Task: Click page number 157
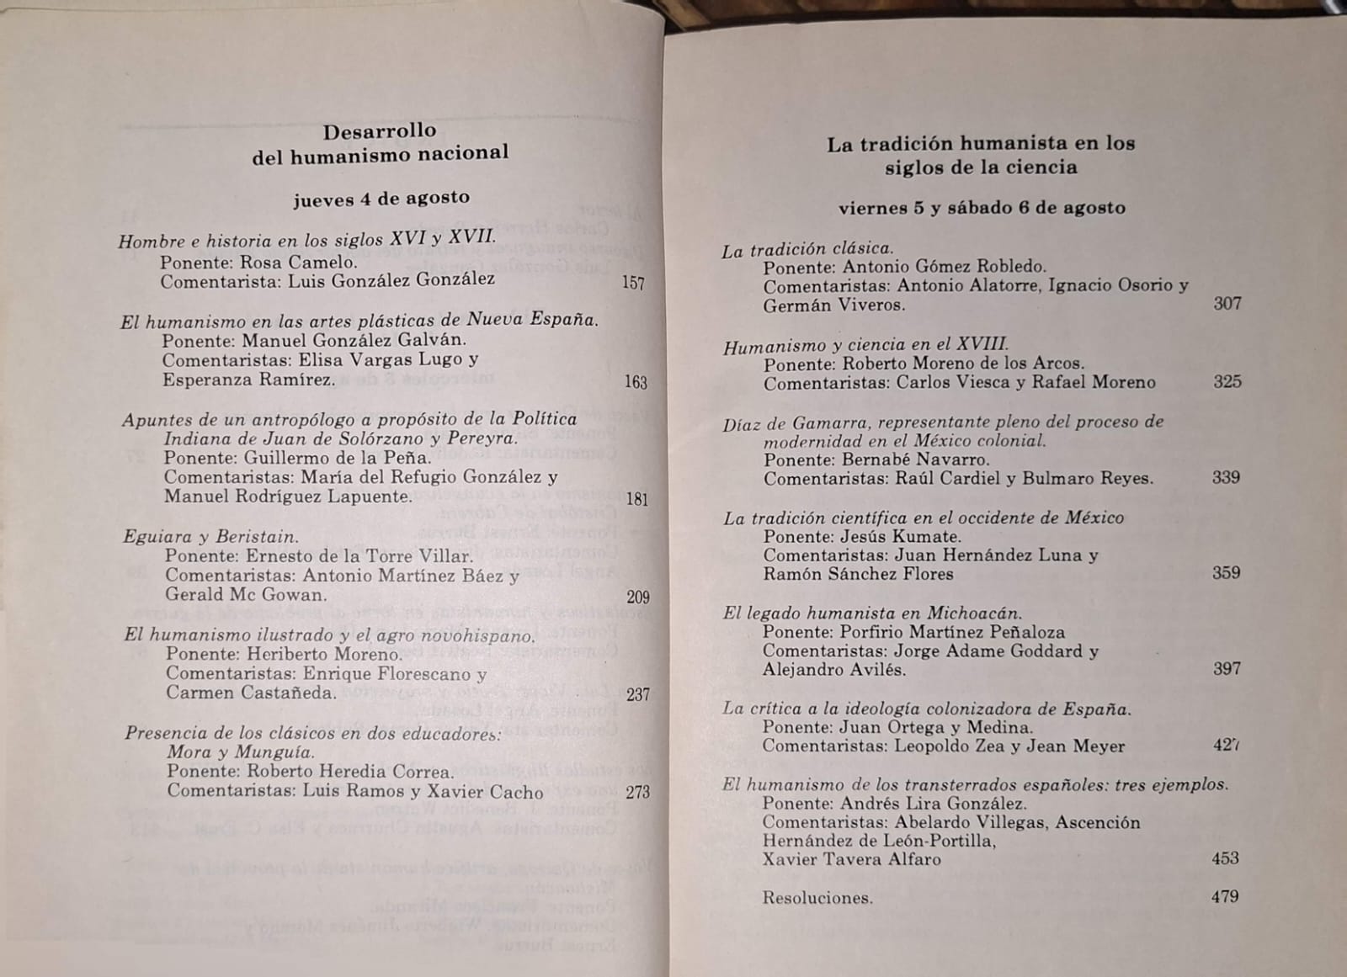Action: click(633, 283)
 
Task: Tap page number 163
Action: click(636, 382)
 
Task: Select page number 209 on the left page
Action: click(638, 597)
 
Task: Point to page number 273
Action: click(638, 792)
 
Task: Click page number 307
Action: click(1227, 304)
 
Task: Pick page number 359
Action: click(1226, 573)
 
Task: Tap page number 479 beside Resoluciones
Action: click(1225, 896)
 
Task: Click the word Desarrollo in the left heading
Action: click(380, 131)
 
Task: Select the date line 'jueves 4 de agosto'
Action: click(381, 199)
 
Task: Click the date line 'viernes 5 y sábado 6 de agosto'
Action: click(982, 208)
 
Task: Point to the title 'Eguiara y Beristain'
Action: click(210, 537)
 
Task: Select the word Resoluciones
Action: click(817, 898)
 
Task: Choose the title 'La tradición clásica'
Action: click(807, 249)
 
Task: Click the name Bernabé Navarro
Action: click(916, 460)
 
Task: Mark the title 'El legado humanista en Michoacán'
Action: click(871, 613)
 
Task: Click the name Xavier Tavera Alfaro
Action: click(851, 859)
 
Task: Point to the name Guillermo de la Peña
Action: click(338, 459)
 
